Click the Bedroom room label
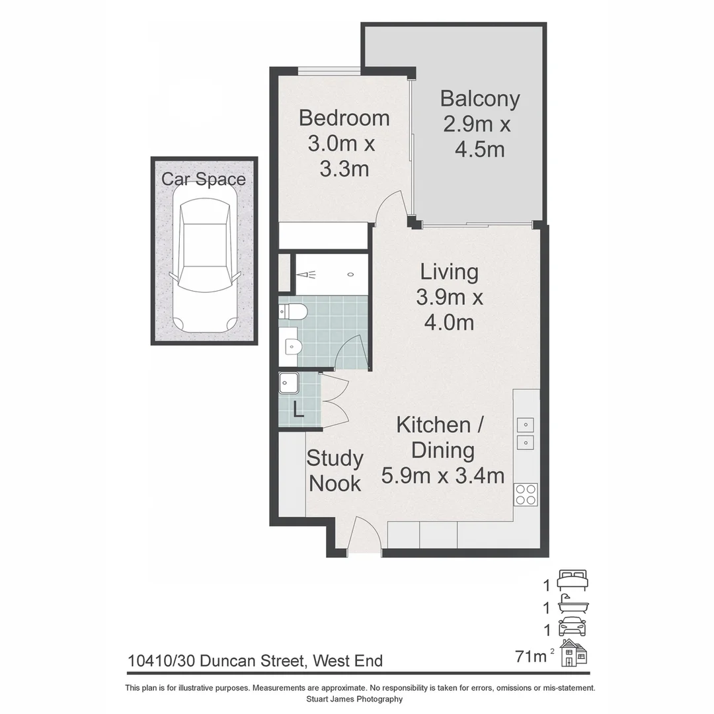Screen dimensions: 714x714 pyautogui.click(x=344, y=118)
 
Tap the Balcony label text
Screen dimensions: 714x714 pyautogui.click(x=480, y=99)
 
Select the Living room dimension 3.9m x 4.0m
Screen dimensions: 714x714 pyautogui.click(x=450, y=310)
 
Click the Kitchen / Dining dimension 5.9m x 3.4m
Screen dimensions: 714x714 pyautogui.click(x=443, y=475)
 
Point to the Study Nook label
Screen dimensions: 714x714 pyautogui.click(x=335, y=471)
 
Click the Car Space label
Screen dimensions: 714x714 pyautogui.click(x=204, y=179)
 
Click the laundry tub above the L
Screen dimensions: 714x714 pyautogui.click(x=289, y=383)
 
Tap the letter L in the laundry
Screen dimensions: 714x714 pyautogui.click(x=298, y=411)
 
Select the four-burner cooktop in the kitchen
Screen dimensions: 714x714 pyautogui.click(x=526, y=494)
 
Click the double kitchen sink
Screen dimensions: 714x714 pyautogui.click(x=526, y=433)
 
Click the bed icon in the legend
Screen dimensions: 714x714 pyautogui.click(x=573, y=580)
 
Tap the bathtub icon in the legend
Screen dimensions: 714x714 pyautogui.click(x=573, y=604)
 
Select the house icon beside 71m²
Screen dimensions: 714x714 pyautogui.click(x=574, y=653)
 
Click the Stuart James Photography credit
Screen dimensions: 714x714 pyautogui.click(x=354, y=699)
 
